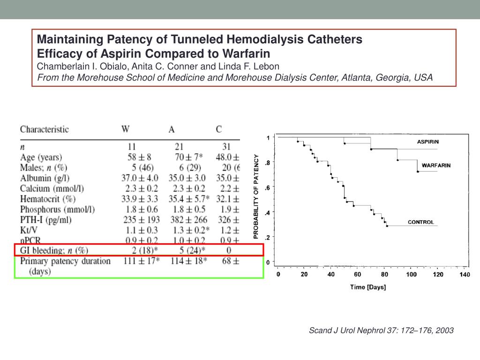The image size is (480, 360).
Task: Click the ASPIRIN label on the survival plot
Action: pos(428,142)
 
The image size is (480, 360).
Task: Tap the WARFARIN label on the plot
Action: pos(436,165)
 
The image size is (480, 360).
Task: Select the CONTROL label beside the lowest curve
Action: pos(421,222)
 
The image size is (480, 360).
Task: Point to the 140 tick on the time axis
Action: pos(465,274)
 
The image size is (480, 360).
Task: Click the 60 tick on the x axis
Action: pos(358,274)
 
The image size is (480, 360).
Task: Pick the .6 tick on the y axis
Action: pos(267,187)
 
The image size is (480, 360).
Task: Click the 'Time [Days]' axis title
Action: pos(368,287)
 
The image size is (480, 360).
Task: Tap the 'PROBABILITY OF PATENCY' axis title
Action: pos(256,196)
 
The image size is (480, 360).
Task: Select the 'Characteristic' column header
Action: pos(44,129)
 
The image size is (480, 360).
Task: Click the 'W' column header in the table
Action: pos(126,129)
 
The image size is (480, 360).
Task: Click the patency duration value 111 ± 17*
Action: pos(140,261)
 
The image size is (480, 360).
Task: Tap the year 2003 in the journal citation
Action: pos(444,330)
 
